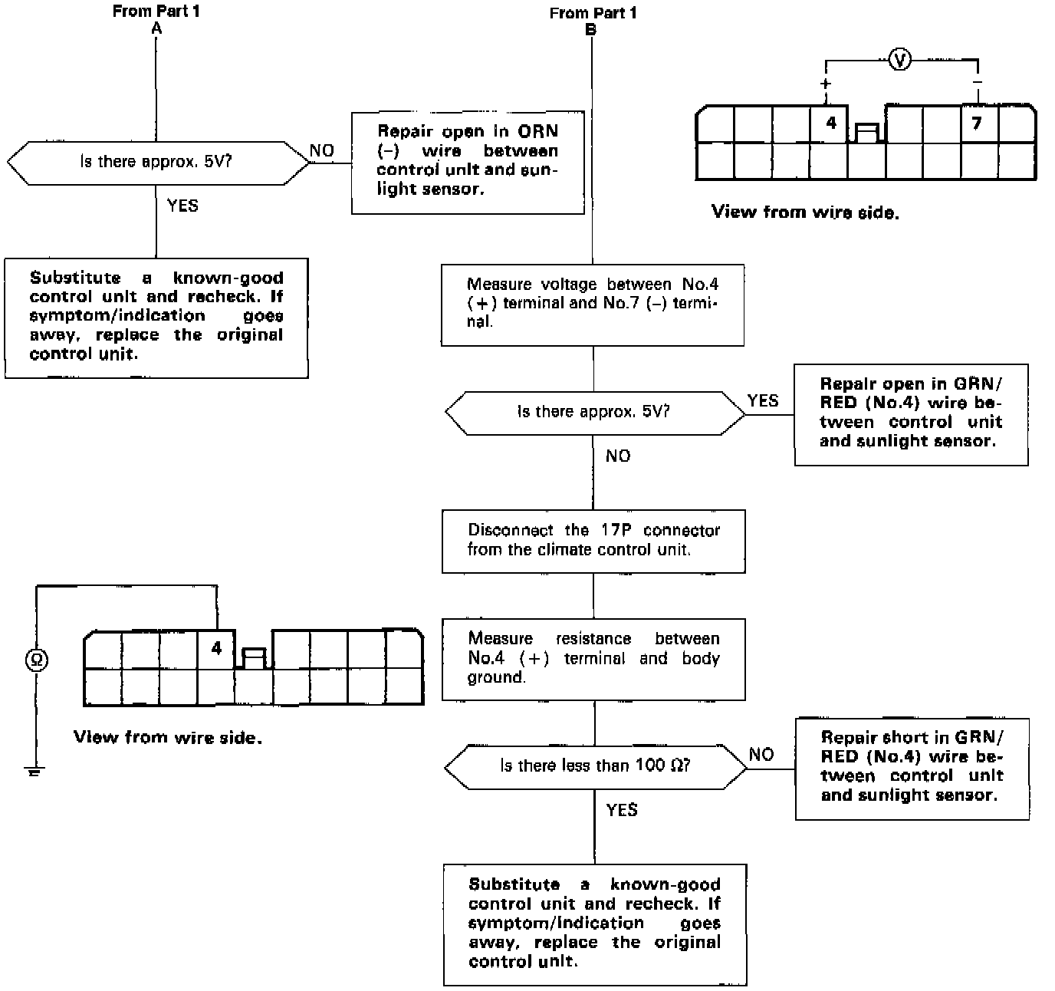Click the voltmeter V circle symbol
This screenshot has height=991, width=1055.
pos(900,59)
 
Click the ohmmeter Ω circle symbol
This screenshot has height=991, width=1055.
pos(35,659)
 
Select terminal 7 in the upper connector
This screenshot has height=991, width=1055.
pos(977,123)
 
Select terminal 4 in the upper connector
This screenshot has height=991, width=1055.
pos(830,123)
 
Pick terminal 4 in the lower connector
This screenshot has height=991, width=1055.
pos(216,648)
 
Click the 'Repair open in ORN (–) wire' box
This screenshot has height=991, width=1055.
pos(468,162)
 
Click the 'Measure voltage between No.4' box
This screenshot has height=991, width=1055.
pos(593,304)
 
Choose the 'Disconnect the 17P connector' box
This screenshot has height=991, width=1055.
pos(593,540)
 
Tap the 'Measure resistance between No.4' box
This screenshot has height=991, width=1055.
pos(593,658)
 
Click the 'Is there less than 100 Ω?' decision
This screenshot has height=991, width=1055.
pos(595,765)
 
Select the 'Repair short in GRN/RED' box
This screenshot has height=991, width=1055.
pos(912,767)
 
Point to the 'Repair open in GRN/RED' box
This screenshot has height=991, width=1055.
pos(911,413)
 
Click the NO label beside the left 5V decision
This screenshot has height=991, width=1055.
pos(322,150)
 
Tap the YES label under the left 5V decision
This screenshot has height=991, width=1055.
pos(182,206)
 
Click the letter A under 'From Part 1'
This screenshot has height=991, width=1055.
pos(156,28)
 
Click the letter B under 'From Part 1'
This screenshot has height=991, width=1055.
pos(591,30)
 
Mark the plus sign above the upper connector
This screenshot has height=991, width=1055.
pos(826,83)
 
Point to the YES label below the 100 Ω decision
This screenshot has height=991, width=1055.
pos(622,810)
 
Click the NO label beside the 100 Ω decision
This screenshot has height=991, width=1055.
pos(761,754)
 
